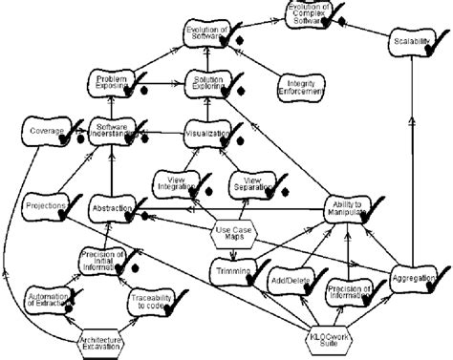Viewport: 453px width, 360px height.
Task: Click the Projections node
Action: coord(44,206)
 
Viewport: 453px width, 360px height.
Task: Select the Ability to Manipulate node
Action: coord(342,210)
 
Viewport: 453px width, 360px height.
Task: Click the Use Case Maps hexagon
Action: coord(234,233)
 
